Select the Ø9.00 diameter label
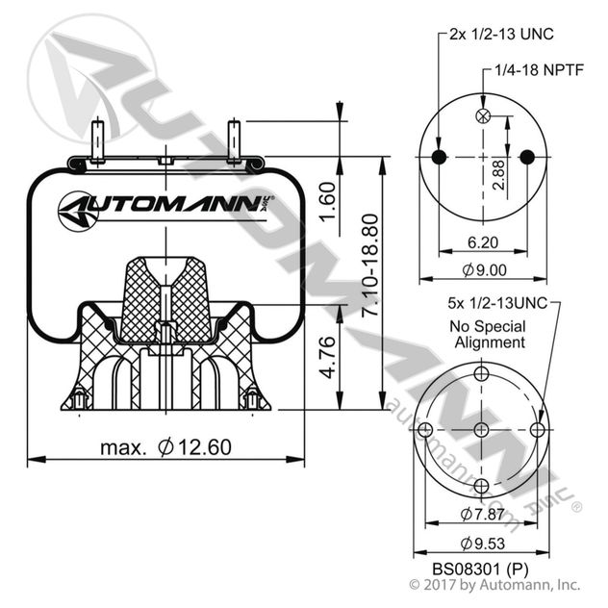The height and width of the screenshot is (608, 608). coord(481,270)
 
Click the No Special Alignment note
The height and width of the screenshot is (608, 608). coord(488,334)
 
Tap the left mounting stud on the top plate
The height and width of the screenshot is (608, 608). coord(99,139)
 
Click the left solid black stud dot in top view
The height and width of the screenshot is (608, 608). coord(439,157)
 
